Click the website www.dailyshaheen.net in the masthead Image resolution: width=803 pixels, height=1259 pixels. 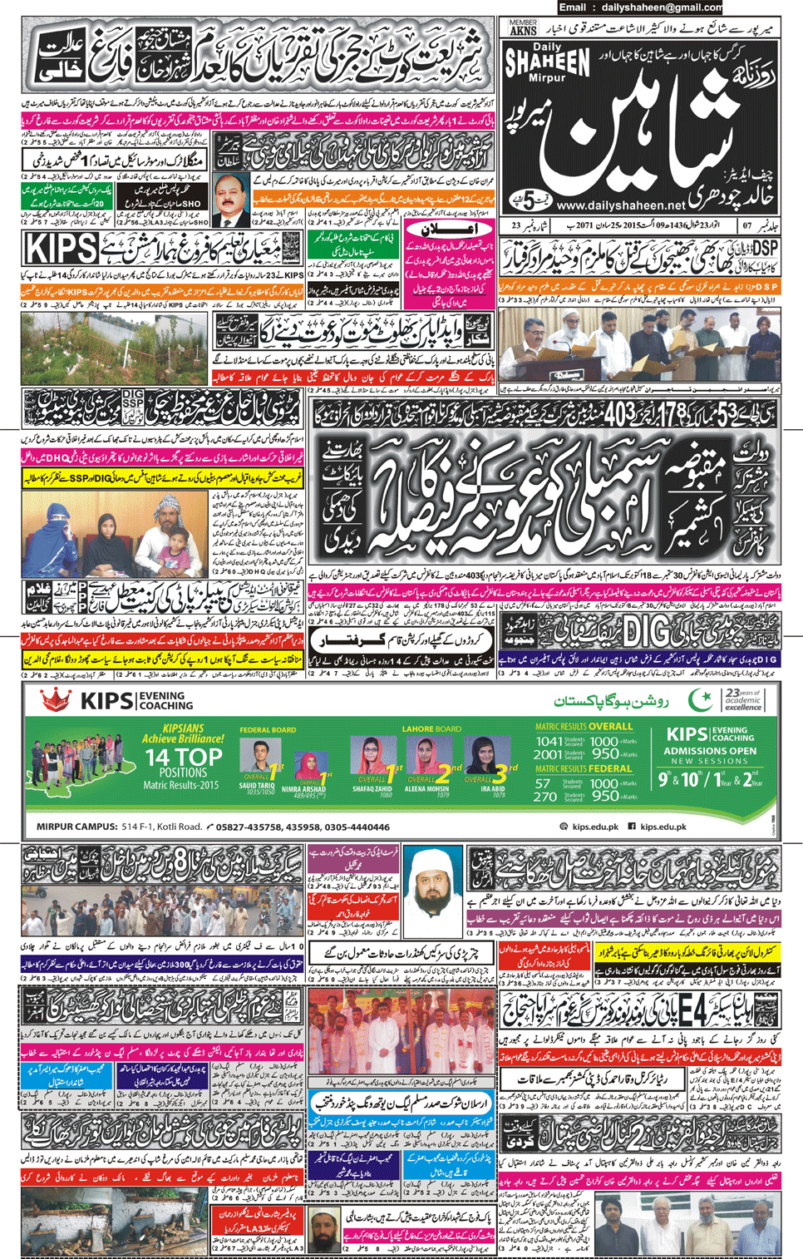621,205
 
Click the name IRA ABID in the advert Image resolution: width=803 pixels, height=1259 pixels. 492,789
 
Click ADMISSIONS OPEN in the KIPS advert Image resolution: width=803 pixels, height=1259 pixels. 712,751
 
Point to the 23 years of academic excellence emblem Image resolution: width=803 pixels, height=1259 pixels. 742,700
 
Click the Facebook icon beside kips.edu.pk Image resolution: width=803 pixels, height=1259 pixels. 632,827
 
